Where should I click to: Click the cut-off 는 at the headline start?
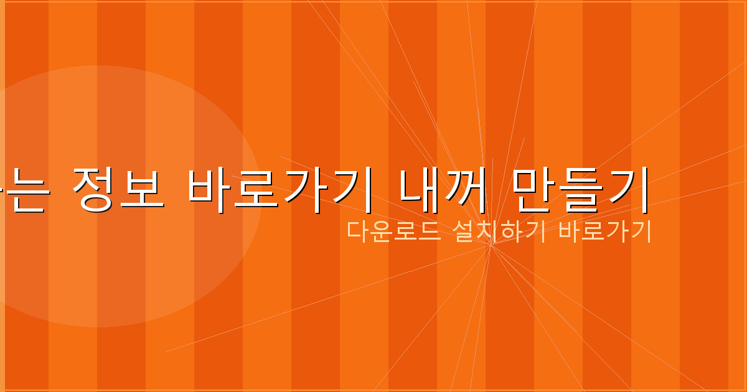25,192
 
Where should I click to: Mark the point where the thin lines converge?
491,245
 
